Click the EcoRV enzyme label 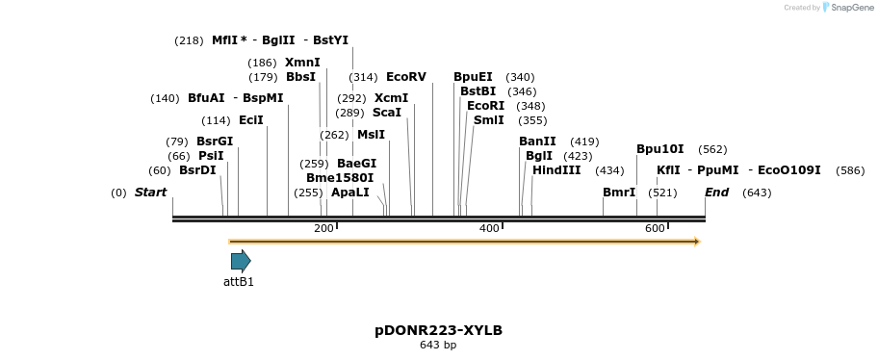[405, 77]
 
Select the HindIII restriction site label [556, 170]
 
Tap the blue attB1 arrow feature [241, 261]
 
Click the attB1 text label [239, 282]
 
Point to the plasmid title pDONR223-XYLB [438, 330]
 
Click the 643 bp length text [438, 345]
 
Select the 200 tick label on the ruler [323, 228]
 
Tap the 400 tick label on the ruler [489, 228]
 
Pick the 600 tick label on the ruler [655, 228]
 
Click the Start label [150, 193]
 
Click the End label [716, 193]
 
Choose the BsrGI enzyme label [215, 141]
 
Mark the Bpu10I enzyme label [659, 149]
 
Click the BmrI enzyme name [619, 193]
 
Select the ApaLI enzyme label [349, 193]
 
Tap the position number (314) [363, 77]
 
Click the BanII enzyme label [537, 141]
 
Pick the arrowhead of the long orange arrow [696, 242]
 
